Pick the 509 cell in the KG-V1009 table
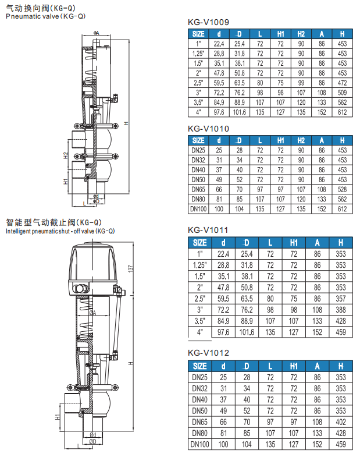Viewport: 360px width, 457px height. [x=341, y=92]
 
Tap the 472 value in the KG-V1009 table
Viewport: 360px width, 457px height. [x=341, y=82]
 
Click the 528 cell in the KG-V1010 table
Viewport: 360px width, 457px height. [x=341, y=189]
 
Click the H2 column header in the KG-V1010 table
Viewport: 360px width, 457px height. [x=301, y=140]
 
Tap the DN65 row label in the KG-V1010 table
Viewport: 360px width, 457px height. [x=198, y=189]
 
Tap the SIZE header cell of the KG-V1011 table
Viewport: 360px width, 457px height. [x=199, y=243]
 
